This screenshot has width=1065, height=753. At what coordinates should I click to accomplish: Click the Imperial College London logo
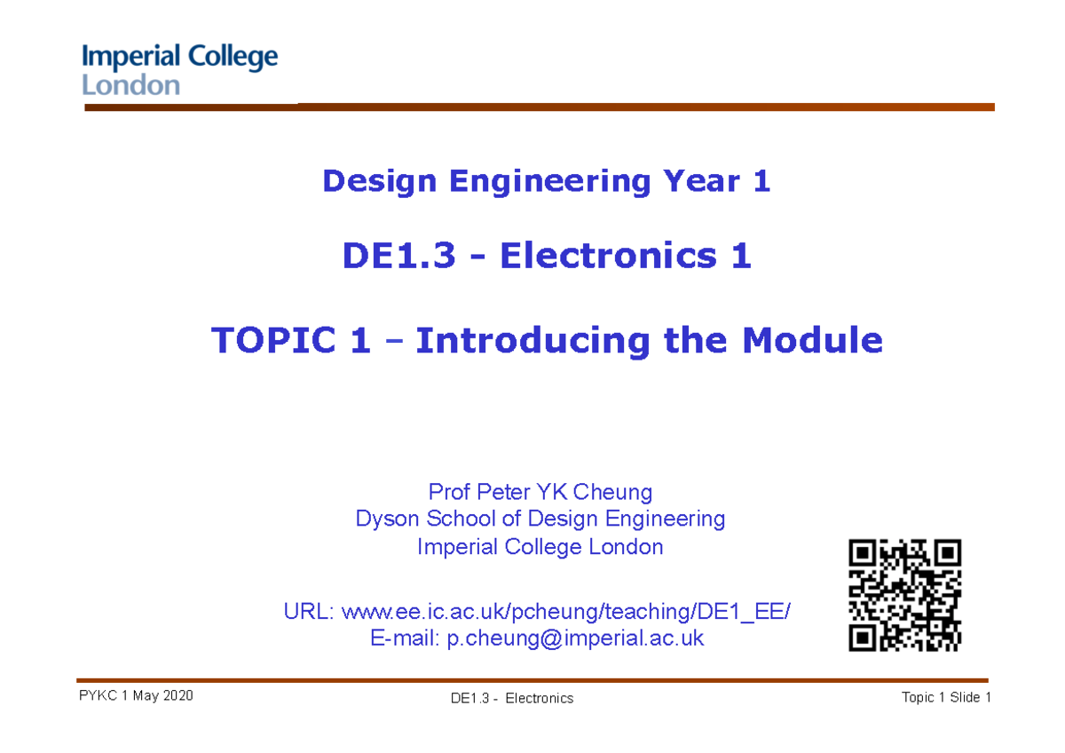point(180,70)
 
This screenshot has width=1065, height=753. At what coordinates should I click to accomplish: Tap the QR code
point(904,596)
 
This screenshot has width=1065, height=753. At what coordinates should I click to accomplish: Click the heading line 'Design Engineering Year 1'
point(546,181)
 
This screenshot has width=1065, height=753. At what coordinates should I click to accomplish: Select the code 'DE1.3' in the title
point(399,257)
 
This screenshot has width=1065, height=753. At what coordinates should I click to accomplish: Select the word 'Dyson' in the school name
point(388,519)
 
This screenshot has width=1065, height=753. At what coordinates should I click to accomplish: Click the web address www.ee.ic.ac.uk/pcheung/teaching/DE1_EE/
point(564,612)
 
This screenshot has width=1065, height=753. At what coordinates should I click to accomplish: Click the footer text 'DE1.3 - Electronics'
point(511,698)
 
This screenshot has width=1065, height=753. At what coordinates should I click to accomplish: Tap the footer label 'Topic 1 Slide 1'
point(946,697)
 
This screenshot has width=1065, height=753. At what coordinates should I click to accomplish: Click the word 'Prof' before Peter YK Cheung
point(449,492)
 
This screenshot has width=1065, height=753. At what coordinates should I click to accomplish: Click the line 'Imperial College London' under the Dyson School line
point(540,546)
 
